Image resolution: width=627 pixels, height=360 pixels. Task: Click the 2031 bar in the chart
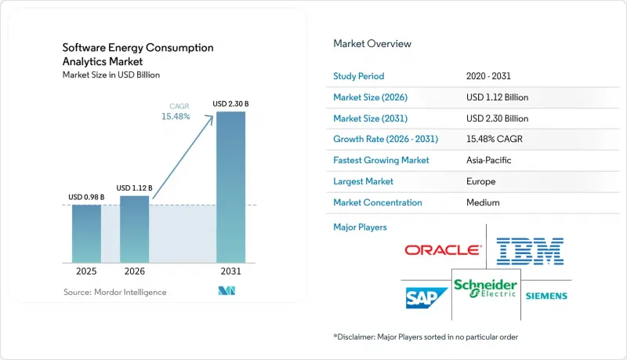point(230,187)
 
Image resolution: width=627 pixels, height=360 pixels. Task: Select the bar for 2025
point(86,234)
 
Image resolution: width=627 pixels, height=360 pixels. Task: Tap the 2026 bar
point(134,229)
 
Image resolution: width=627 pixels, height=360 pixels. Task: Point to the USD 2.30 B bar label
point(230,104)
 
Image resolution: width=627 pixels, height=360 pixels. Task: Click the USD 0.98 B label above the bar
point(86,197)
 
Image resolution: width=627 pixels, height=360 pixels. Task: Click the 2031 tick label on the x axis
point(230,271)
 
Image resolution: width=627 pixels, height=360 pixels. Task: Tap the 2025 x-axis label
point(86,271)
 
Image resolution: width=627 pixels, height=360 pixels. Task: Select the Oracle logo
point(443,250)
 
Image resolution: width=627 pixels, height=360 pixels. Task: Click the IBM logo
point(531,251)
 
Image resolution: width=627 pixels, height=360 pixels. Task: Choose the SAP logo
point(426,298)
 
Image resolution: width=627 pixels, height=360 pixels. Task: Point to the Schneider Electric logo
point(485,289)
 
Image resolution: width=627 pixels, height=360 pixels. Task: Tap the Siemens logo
point(546,296)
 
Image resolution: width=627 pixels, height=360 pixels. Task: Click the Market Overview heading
point(372,44)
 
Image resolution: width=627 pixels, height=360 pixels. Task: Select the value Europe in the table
point(480,181)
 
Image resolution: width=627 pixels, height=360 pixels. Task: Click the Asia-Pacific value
point(488,160)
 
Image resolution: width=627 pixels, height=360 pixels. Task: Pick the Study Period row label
point(359,76)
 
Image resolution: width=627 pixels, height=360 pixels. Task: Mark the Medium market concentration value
point(483,202)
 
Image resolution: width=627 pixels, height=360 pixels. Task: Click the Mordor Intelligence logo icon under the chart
point(227,291)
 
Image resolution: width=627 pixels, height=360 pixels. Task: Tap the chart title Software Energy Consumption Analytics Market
point(138,54)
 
